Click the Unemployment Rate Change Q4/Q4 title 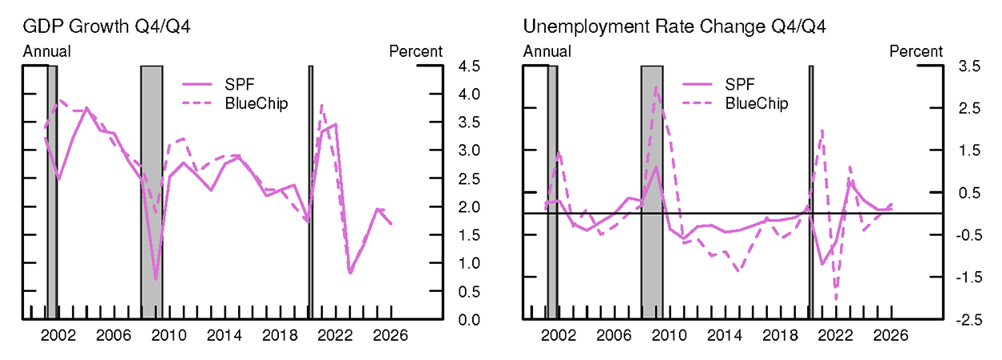point(674,27)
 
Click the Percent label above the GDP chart point(415,52)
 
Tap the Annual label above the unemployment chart point(547,52)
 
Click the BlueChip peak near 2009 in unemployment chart point(656,87)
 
